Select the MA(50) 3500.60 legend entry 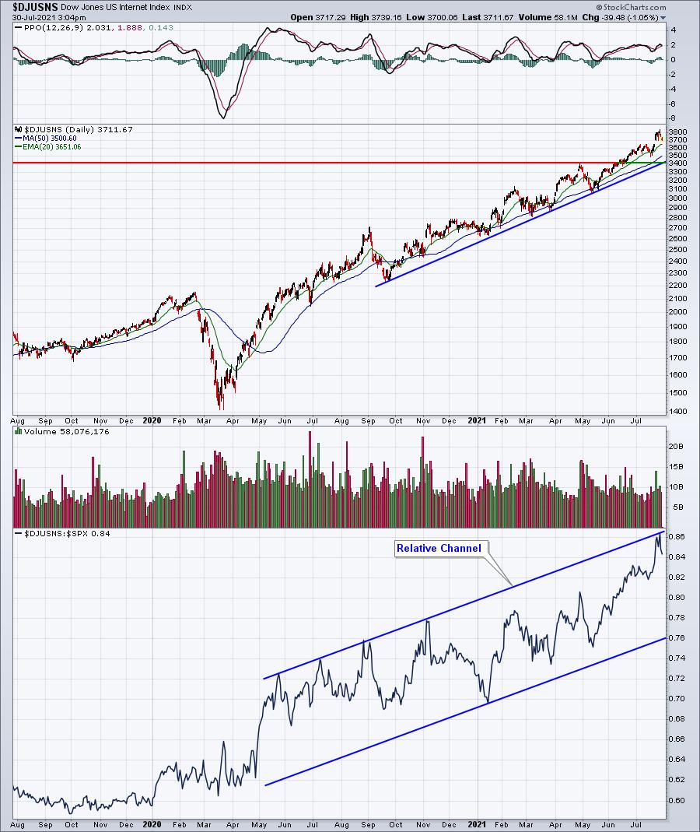(x=50, y=139)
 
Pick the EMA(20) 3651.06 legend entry (x=51, y=146)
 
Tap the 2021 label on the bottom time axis (x=476, y=823)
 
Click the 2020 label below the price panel (x=153, y=421)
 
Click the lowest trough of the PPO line (x=223, y=118)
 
